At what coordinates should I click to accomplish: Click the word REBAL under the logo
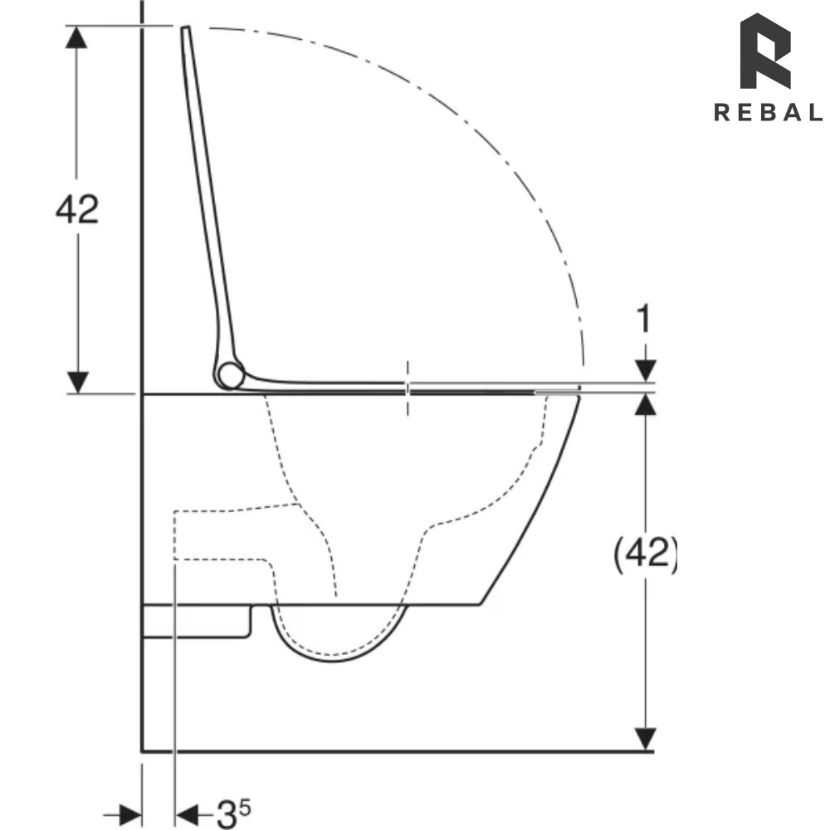point(767,113)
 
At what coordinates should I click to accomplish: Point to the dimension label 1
point(645,320)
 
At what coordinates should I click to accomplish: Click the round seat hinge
point(230,376)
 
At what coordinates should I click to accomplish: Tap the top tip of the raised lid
point(185,29)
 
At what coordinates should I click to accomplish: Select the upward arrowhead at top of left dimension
point(77,37)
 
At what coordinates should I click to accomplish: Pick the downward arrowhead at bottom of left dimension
point(77,383)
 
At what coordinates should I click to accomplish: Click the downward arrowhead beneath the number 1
point(646,371)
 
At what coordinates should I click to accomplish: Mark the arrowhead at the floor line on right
point(646,739)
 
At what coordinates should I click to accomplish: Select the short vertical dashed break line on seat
point(407,388)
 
